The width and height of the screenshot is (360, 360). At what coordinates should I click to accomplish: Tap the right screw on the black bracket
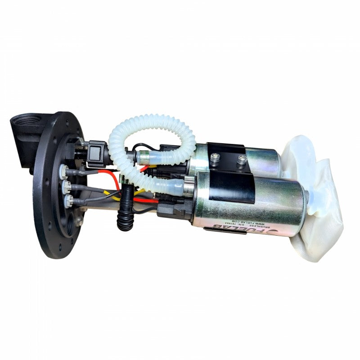(x=242, y=158)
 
